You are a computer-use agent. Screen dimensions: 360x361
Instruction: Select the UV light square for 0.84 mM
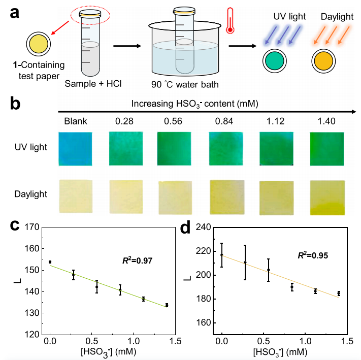[x=225, y=148]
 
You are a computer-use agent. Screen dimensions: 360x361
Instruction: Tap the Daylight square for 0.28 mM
[x=125, y=196]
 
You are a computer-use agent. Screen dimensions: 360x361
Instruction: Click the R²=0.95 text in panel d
[x=313, y=255]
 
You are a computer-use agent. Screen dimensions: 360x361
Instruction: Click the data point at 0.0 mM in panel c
[x=50, y=262]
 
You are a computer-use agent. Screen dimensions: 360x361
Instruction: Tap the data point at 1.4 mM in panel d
[x=339, y=293]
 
